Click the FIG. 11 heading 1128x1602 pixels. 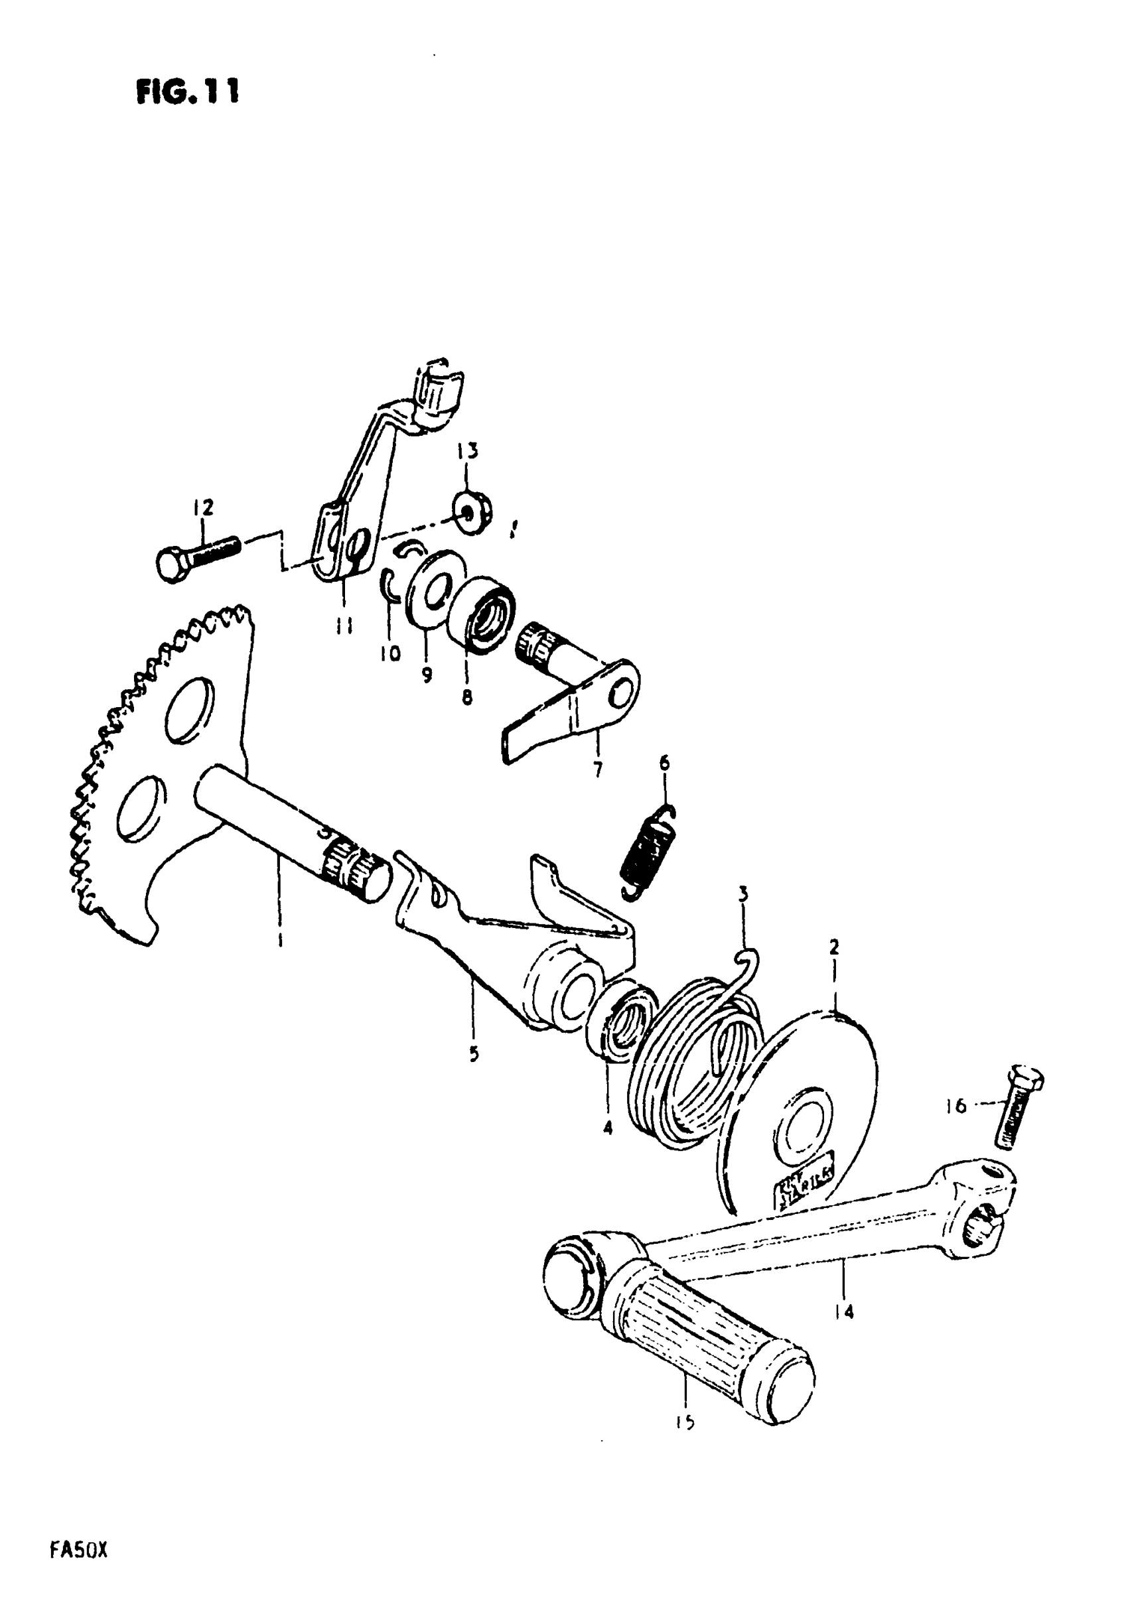[187, 92]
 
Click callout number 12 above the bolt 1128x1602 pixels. [203, 507]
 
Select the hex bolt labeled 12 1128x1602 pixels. [196, 553]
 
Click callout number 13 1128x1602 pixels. [468, 452]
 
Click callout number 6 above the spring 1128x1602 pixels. [664, 763]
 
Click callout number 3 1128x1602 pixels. [744, 893]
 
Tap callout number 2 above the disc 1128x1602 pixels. [833, 947]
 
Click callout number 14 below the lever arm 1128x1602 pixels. [844, 1311]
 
